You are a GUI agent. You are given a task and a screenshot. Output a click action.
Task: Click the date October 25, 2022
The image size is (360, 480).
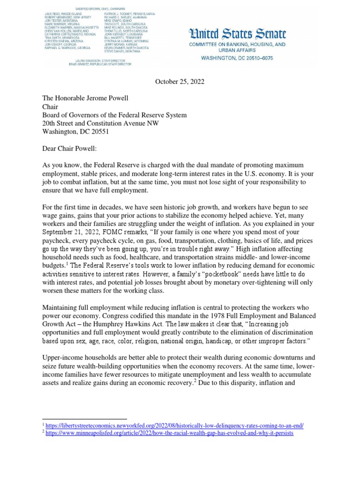(x=180, y=82)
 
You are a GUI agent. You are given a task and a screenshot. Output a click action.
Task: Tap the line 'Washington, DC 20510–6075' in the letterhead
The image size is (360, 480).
(x=237, y=58)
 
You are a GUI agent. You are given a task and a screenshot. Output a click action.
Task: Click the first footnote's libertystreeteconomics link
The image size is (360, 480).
(x=175, y=426)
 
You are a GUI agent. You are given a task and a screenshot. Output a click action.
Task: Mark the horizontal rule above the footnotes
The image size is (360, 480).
(x=84, y=419)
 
